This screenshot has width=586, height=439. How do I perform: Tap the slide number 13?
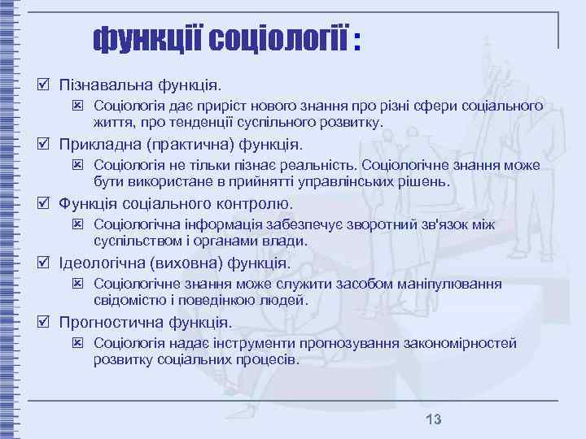433,419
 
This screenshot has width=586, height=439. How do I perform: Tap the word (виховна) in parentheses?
190,263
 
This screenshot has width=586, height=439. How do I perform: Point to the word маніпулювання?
457,285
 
